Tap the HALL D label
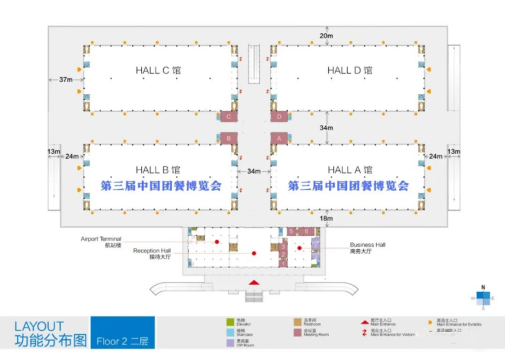[350, 71]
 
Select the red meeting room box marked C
[227, 117]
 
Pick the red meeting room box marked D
[279, 117]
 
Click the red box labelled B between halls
[227, 138]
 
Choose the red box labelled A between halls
[279, 138]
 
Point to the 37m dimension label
[65, 80]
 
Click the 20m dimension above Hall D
[325, 35]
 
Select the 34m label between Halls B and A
[253, 172]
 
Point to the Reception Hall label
[152, 253]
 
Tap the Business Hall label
[368, 247]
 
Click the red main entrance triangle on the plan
[254, 282]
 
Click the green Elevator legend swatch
[229, 322]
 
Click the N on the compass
[482, 286]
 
